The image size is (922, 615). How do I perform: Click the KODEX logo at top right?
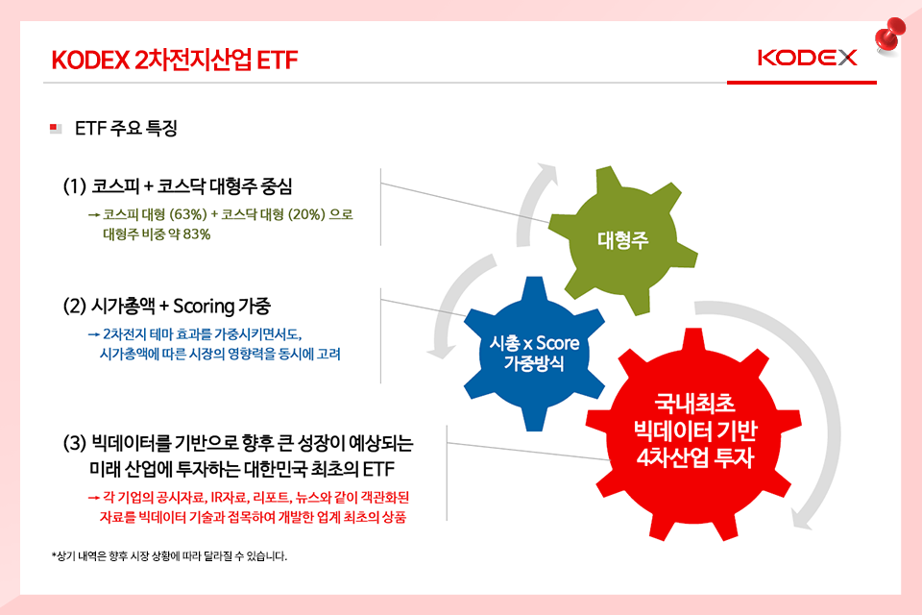pos(807,58)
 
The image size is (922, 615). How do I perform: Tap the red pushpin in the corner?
pos(889,35)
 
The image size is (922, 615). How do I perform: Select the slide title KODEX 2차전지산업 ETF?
pos(175,60)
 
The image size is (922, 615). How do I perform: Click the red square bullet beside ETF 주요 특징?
pos(55,128)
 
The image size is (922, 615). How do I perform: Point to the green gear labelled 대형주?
pos(622,239)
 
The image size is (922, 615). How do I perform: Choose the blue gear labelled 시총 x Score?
pos(534,353)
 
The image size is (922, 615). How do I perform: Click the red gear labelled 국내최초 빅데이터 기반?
pos(693,434)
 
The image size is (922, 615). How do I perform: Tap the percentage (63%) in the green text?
pos(188,214)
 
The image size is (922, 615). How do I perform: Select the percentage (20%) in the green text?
pos(306,214)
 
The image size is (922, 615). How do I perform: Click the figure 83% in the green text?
pos(196,234)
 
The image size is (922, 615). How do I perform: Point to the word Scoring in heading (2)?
pos(204,307)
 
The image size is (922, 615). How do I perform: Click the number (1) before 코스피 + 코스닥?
pos(75,186)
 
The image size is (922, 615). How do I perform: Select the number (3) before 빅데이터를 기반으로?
pos(75,443)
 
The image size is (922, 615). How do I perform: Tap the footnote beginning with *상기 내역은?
pos(169,556)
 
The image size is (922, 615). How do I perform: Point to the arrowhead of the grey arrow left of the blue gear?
pos(441,351)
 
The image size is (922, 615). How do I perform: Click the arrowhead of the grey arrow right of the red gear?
pos(802,519)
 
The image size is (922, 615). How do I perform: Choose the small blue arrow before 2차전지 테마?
pos(93,334)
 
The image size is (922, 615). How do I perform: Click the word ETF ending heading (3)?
pos(378,469)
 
